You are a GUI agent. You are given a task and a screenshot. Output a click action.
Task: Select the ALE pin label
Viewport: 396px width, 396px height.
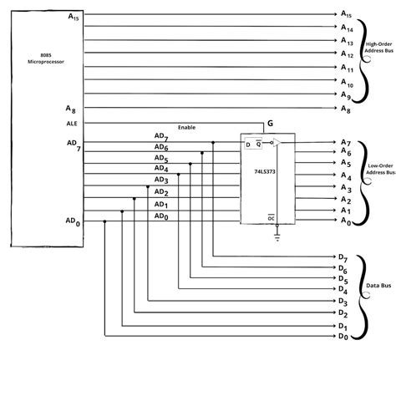72,123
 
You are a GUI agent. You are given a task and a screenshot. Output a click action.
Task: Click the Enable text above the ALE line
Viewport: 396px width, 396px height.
187,128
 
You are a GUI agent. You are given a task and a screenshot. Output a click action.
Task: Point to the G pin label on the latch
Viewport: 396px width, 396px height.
269,124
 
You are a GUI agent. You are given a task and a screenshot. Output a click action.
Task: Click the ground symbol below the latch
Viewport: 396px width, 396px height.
277,236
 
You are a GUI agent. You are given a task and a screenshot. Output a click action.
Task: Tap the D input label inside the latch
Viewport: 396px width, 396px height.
246,145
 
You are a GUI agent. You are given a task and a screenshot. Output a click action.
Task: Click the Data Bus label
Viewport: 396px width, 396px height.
379,286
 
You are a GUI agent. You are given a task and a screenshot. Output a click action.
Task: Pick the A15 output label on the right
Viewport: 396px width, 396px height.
346,15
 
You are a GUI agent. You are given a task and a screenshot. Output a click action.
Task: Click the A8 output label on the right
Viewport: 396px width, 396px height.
345,109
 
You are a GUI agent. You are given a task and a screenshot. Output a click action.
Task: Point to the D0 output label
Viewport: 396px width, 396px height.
343,336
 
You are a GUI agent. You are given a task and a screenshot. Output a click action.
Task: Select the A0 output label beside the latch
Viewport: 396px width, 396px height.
345,222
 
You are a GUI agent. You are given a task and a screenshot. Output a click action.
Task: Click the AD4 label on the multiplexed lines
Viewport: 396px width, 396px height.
161,168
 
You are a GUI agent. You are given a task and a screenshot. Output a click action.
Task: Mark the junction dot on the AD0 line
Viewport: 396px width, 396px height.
105,221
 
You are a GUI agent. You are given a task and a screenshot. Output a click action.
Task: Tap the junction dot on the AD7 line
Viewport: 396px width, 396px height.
213,143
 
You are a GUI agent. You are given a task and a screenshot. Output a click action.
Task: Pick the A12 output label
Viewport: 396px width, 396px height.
347,55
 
